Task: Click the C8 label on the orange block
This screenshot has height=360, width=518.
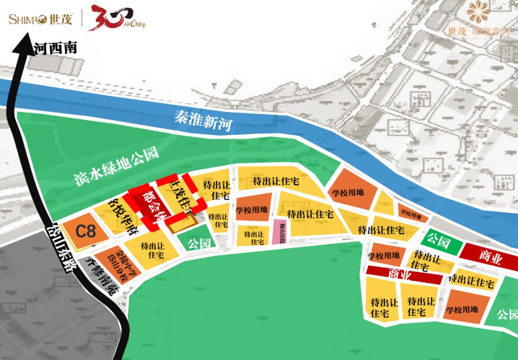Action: point(86,231)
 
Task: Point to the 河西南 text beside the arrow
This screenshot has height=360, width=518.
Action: point(56,48)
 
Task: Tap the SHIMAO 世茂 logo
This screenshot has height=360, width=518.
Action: point(40,20)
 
